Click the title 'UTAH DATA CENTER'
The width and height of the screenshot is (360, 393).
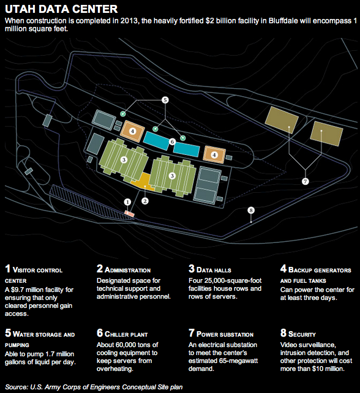pyautogui.click(x=61, y=9)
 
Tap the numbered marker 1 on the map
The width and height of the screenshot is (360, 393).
pyautogui.click(x=127, y=202)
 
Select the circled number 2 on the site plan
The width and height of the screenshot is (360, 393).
pyautogui.click(x=145, y=201)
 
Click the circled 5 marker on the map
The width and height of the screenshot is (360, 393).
pyautogui.click(x=165, y=100)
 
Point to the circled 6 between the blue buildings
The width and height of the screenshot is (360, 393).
pyautogui.click(x=172, y=141)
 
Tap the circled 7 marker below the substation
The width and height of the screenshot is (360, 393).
pyautogui.click(x=305, y=181)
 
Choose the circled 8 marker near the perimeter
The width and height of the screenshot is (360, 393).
pyautogui.click(x=251, y=210)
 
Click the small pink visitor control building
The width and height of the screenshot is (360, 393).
pyautogui.click(x=129, y=214)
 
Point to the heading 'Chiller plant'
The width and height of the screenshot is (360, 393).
pyautogui.click(x=126, y=334)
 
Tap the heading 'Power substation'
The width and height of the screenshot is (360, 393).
pyautogui.click(x=225, y=334)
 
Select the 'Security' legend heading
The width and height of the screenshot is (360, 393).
pyautogui.click(x=302, y=334)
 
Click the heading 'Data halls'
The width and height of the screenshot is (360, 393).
pyautogui.click(x=214, y=270)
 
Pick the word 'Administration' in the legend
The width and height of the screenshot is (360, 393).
pyautogui.click(x=127, y=270)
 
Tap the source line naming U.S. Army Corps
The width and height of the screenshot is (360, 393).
pyautogui.click(x=94, y=387)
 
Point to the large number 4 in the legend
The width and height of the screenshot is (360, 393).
pyautogui.click(x=283, y=269)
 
